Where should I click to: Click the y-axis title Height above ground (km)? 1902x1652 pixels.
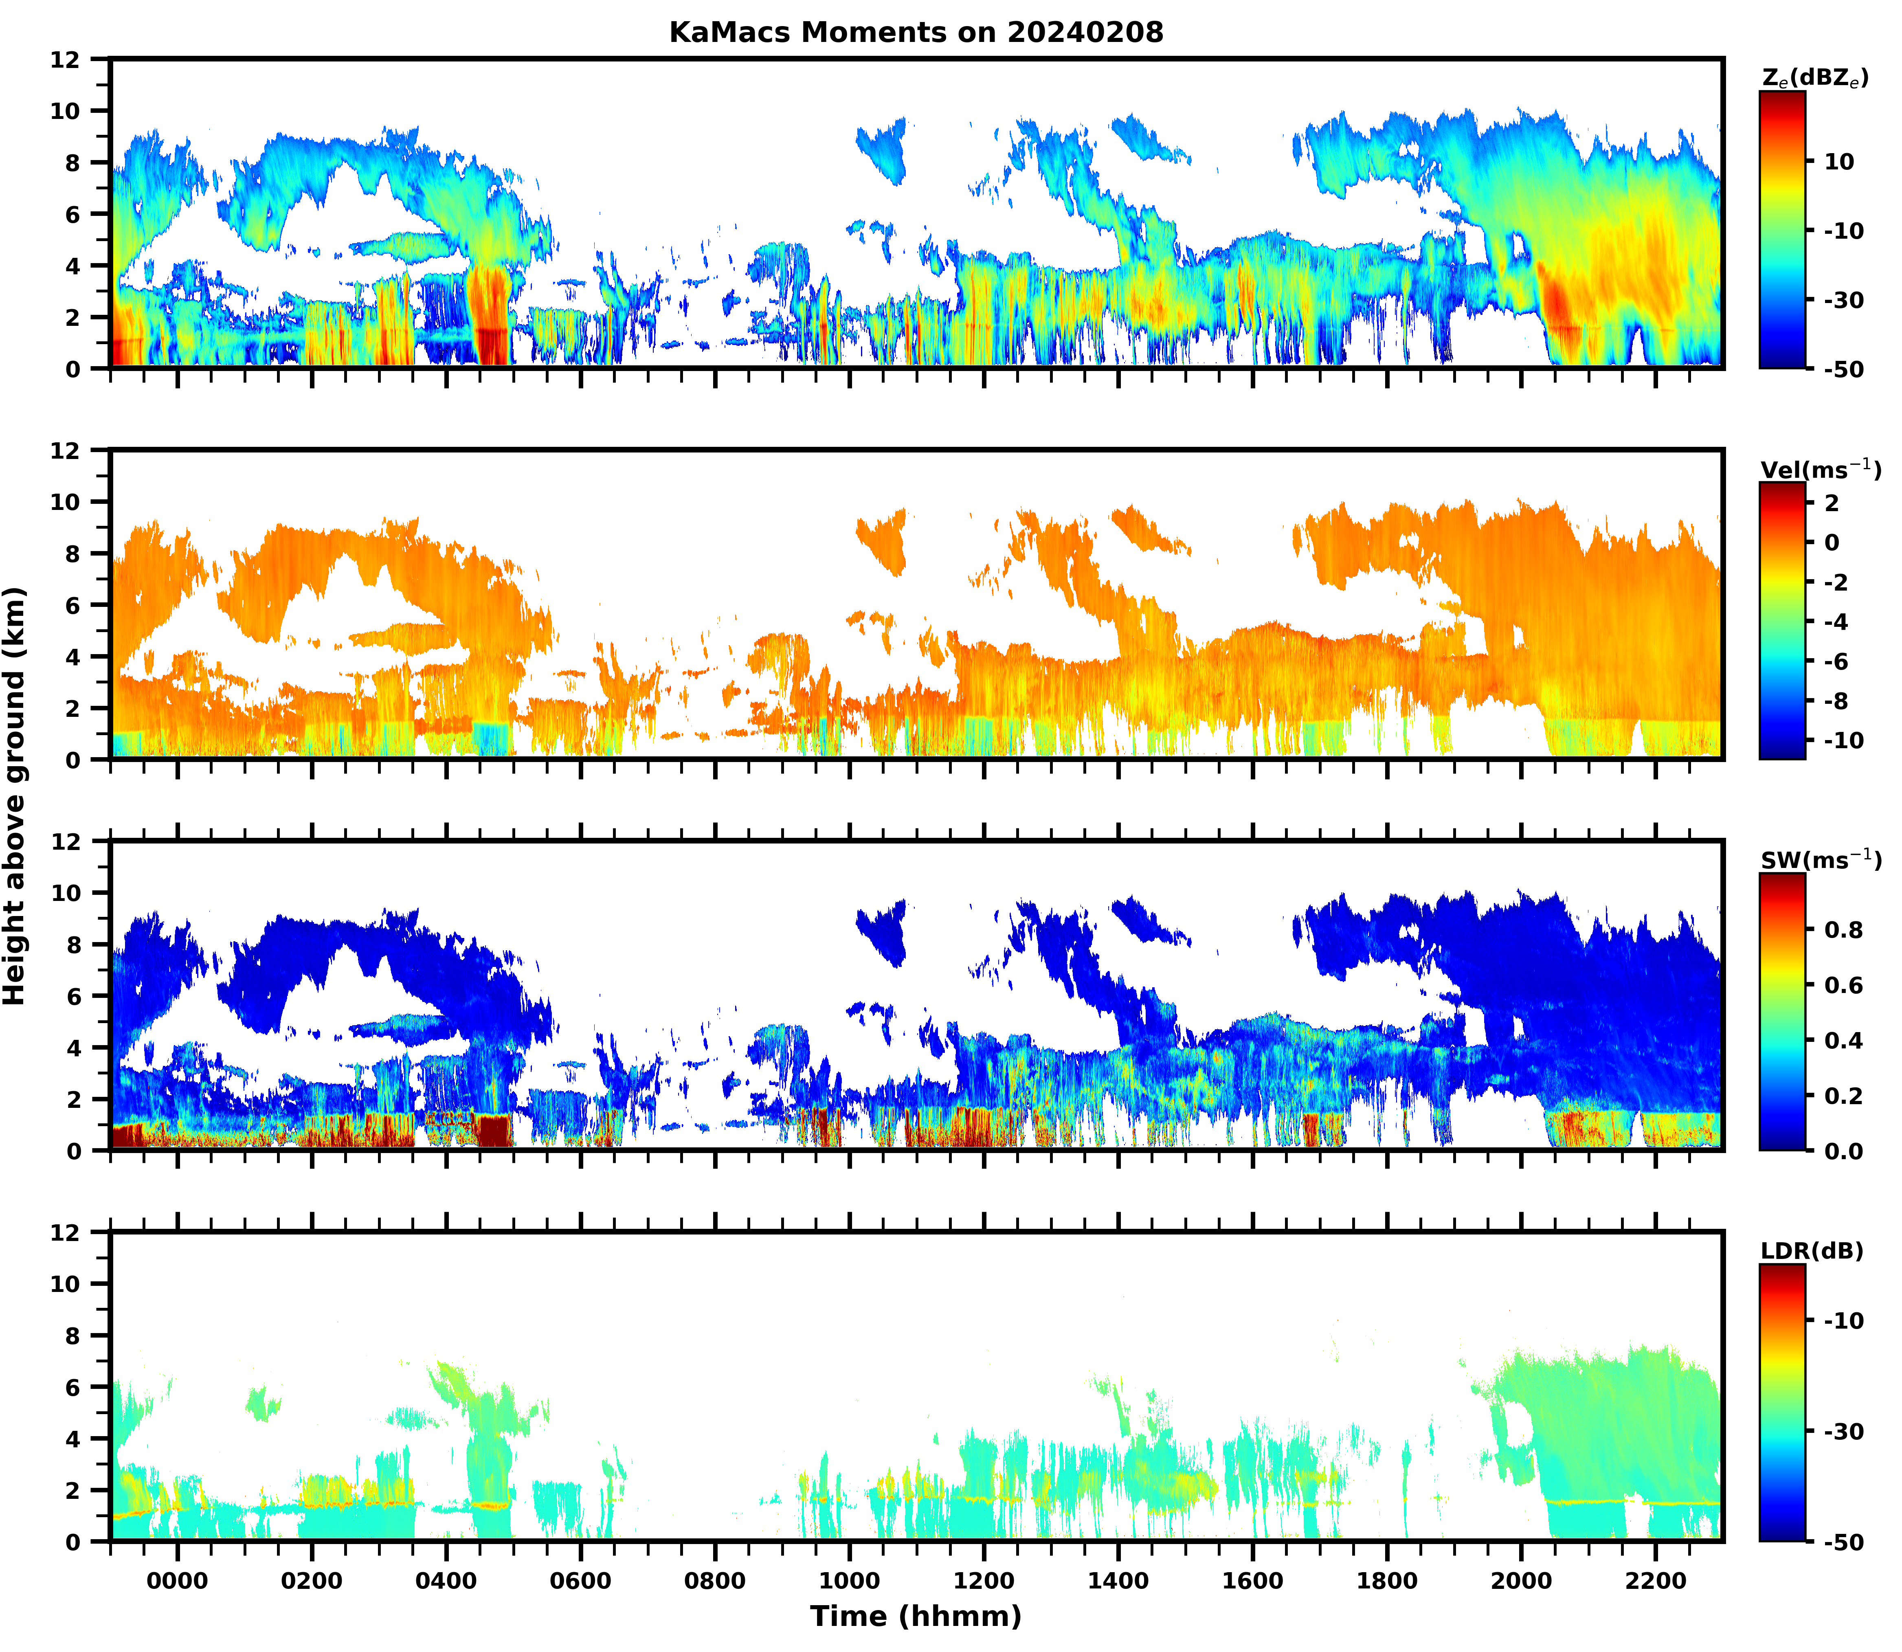[15, 795]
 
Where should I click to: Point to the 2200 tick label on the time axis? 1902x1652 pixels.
[1656, 1581]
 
